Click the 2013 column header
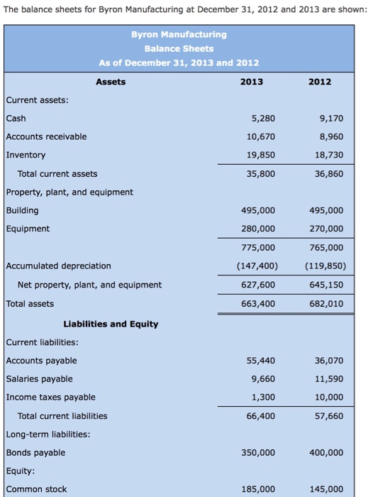pyautogui.click(x=251, y=82)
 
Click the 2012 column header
pyautogui.click(x=319, y=82)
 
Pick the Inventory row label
pyautogui.click(x=26, y=155)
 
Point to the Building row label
pyautogui.click(x=23, y=210)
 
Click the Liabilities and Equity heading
pyautogui.click(x=111, y=324)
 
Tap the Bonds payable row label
pyautogui.click(x=35, y=452)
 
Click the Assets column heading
pyautogui.click(x=111, y=82)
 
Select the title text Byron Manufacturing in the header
pyautogui.click(x=179, y=34)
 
